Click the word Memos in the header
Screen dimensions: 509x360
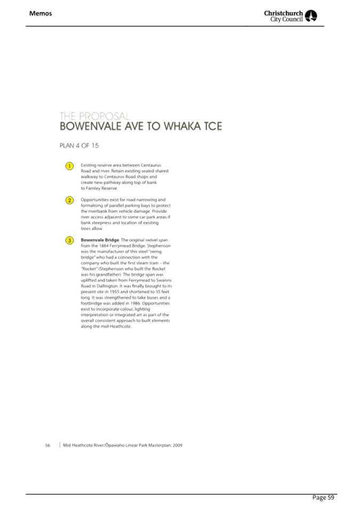tap(41, 13)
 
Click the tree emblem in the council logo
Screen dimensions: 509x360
tap(311, 16)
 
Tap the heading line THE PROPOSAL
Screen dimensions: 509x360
tap(94, 116)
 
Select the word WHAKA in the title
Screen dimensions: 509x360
tap(182, 127)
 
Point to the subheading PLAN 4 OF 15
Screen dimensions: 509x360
tap(79, 146)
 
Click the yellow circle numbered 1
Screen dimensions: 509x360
tap(69, 166)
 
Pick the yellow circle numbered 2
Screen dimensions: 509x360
tap(69, 200)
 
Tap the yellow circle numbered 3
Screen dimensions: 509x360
tap(69, 240)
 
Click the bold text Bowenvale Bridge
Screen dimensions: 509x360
tap(100, 240)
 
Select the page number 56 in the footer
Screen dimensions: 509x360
tap(47, 445)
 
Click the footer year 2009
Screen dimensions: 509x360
tap(178, 445)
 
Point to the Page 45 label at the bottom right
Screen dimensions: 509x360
tap(323, 498)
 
